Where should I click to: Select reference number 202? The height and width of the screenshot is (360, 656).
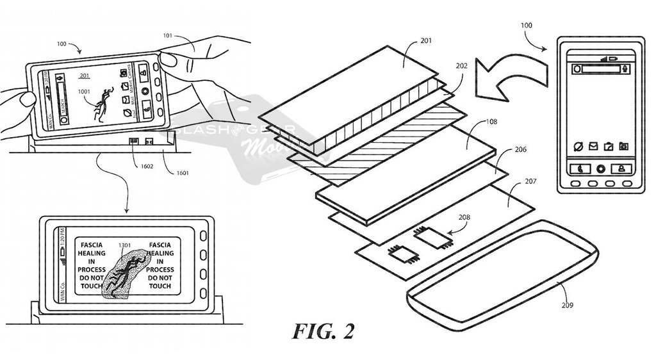coord(462,65)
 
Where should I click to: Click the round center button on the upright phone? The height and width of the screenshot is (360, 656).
coord(600,169)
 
